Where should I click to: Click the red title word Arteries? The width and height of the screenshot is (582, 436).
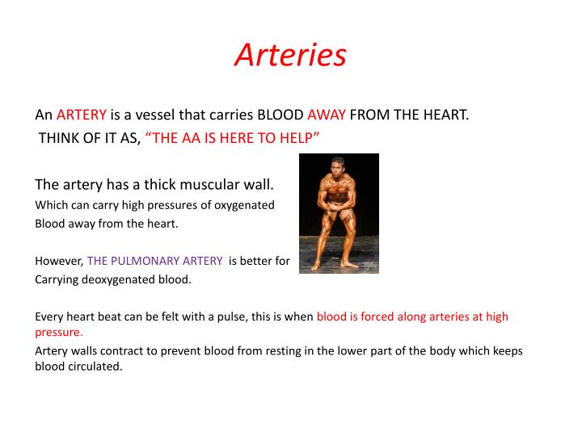(290, 55)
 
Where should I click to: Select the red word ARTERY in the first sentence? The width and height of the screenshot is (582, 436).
(82, 115)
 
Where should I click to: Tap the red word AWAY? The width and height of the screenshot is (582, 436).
(327, 115)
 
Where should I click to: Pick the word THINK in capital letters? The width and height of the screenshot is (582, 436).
(60, 137)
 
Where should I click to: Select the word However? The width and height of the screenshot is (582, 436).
(59, 261)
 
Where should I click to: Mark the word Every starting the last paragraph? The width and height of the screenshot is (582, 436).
(48, 317)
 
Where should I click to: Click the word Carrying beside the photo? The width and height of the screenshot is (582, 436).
(58, 280)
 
